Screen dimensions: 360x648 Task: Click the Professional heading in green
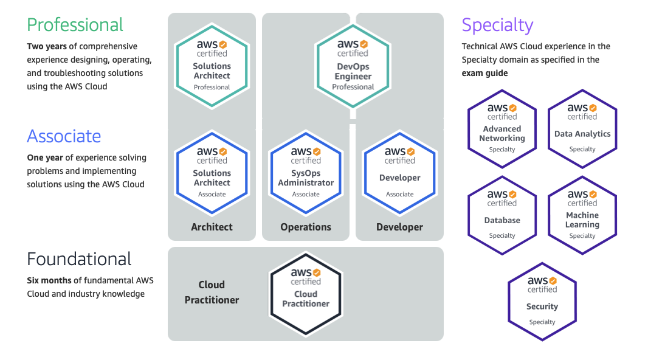pos(75,25)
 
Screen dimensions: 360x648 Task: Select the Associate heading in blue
pos(64,136)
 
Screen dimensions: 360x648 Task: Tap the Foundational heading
pos(79,259)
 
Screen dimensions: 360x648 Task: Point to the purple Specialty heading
pos(497,25)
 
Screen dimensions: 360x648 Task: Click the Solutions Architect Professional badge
pos(212,66)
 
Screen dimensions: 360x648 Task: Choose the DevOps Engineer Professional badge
pos(353,66)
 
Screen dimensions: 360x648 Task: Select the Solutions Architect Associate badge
pos(212,173)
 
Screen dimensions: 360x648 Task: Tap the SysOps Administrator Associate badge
pos(306,173)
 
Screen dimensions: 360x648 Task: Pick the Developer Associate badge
pos(399,173)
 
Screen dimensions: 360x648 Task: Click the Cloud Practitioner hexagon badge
pos(306,294)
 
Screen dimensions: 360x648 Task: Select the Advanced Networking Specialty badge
pos(502,129)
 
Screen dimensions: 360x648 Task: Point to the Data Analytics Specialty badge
pos(582,129)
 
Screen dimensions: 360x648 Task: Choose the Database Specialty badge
pos(502,215)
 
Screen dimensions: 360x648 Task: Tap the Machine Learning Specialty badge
pos(582,215)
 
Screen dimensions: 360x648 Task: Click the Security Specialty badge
pos(542,302)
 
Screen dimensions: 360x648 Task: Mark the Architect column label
pos(212,227)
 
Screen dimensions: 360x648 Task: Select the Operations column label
pos(306,227)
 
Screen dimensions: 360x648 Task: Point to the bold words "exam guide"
pos(484,73)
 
